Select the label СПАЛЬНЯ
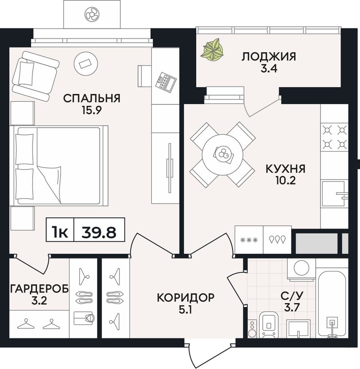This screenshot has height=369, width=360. [92, 98]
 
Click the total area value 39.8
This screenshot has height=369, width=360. [99, 233]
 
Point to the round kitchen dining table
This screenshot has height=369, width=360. [222, 154]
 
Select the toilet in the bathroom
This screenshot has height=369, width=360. [269, 324]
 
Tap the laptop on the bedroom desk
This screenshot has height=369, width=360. [166, 81]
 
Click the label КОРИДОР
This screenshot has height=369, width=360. [186, 297]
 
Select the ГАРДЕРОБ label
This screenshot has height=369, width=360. [39, 289]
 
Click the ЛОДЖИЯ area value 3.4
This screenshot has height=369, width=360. [269, 69]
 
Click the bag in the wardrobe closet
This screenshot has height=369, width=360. [84, 318]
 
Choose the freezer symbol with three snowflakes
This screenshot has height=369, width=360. [249, 240]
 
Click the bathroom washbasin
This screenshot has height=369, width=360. [299, 329]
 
